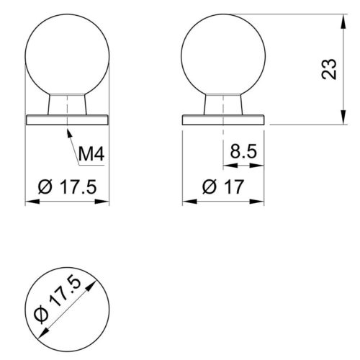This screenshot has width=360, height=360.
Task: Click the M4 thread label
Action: coord(91,154)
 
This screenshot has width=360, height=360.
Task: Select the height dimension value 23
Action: coord(329,69)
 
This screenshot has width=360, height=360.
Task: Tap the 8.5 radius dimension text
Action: coord(243,151)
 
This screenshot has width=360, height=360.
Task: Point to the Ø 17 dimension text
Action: coord(223,186)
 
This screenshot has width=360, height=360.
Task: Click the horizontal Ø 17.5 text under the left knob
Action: coord(67,186)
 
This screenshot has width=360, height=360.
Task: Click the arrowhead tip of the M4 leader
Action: coord(68,130)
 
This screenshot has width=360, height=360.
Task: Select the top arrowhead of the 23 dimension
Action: coord(343,15)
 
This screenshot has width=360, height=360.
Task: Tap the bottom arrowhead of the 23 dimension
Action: coord(343,125)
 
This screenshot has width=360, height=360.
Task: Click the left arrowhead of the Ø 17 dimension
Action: coord(183,202)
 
